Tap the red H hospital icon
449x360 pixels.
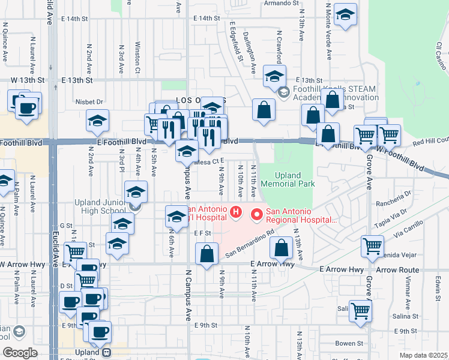236,212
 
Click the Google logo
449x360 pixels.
20,353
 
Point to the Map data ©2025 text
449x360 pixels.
423,355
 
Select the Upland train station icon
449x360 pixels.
107,353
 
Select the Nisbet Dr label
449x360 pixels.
89,102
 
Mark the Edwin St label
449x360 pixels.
438,282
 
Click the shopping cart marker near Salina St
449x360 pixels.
360,311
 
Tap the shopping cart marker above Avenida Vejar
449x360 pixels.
372,245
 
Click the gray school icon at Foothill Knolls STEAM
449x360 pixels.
284,91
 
